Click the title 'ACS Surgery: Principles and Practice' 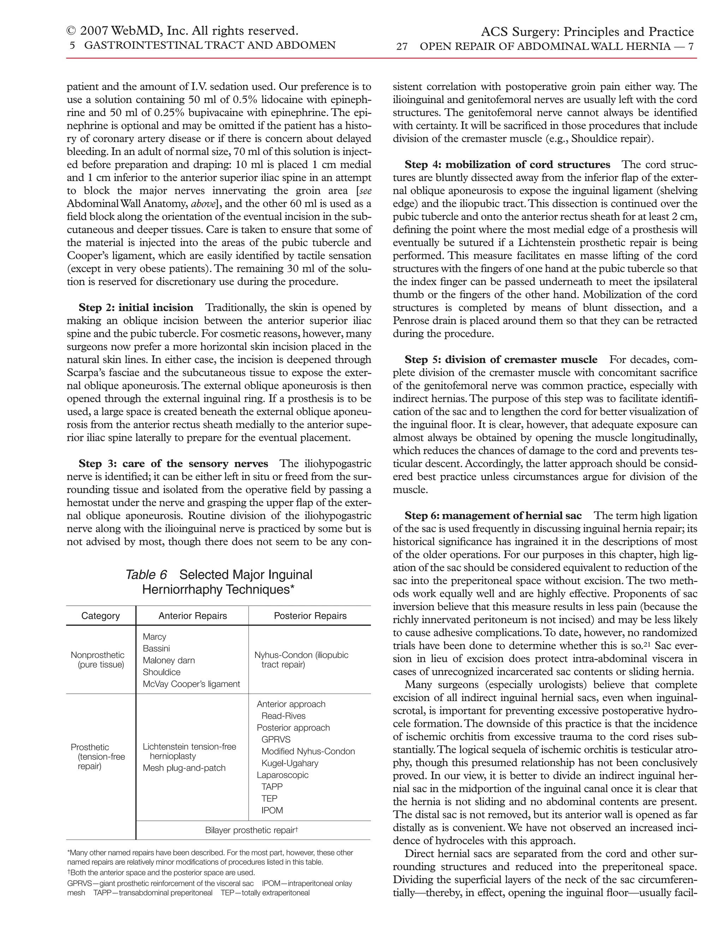(x=587, y=32)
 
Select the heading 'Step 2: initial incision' (x=136, y=308)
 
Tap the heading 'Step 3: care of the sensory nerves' (x=173, y=464)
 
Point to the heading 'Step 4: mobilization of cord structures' (x=507, y=165)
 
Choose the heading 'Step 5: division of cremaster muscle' (x=501, y=359)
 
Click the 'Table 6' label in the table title (x=146, y=575)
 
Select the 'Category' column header (x=101, y=616)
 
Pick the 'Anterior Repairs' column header (x=193, y=616)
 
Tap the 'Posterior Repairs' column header (x=310, y=616)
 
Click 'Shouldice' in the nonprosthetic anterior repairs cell (x=161, y=672)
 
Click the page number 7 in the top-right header (x=691, y=46)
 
